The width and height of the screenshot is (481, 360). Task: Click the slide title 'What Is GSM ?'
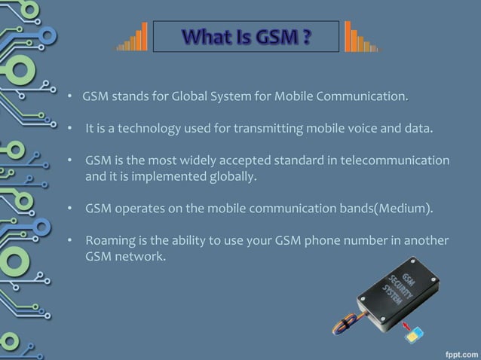pos(246,36)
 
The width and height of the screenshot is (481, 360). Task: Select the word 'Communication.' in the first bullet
pos(369,97)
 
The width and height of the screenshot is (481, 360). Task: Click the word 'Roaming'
pos(110,240)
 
